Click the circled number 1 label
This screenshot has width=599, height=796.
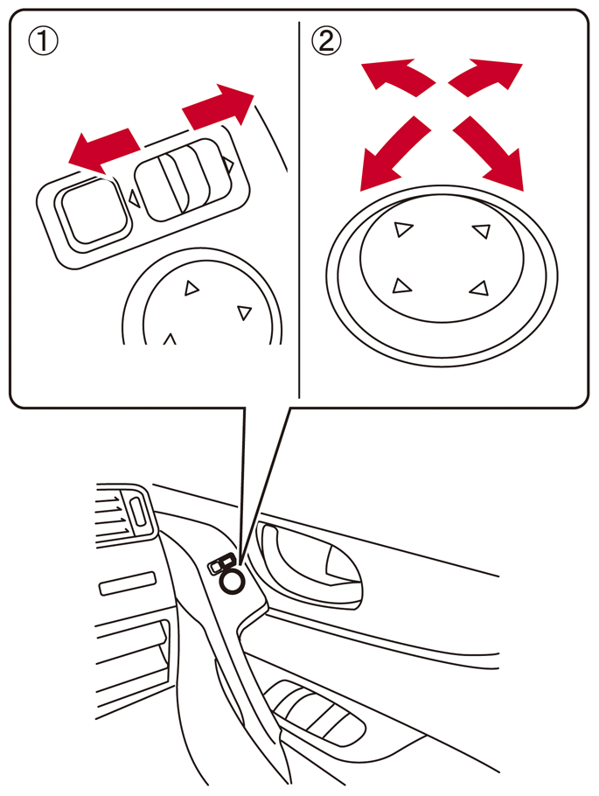coord(43,40)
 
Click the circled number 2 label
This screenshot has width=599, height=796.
coord(326,40)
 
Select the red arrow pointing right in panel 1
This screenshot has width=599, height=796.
coord(219,106)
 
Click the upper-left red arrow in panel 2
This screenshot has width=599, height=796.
coord(398,76)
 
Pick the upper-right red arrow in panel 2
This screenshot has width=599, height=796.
coord(485,76)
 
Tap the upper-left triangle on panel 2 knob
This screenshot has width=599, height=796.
coord(403,229)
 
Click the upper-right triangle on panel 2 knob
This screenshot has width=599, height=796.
coord(482,230)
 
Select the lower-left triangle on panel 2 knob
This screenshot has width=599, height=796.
coord(401,286)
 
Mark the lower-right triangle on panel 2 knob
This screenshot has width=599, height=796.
coord(479,289)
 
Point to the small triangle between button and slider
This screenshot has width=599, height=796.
coord(134,198)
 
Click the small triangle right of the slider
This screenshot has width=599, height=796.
coord(228,164)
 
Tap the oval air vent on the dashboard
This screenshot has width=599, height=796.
coord(138,512)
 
